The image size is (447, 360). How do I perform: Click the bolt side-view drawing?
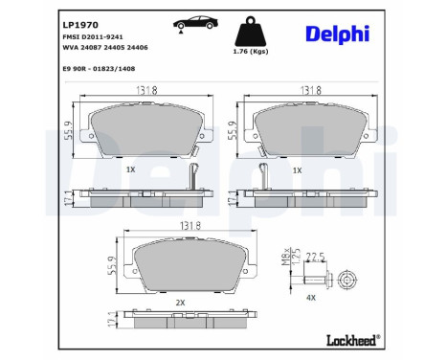coord(315,281)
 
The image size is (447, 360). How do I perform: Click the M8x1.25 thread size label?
coord(284,256)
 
